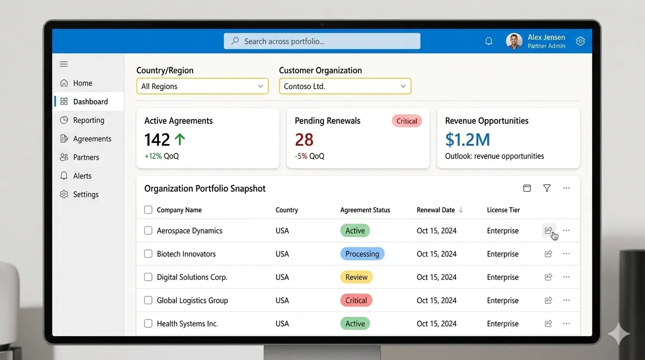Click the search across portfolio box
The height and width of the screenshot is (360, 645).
coord(322,41)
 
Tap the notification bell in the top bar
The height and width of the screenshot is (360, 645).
coord(488,41)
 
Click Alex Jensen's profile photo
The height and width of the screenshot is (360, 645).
coord(514,41)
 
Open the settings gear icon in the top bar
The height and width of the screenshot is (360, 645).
coord(580,41)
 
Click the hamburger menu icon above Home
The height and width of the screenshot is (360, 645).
coord(64,64)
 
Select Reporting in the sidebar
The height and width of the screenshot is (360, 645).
coord(88,120)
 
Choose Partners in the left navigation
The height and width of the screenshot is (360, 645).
coord(86,157)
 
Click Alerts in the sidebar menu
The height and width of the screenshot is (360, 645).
coord(82,176)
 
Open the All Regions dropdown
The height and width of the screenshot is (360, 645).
coord(202,86)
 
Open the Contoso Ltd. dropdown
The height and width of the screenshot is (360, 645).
coord(345,86)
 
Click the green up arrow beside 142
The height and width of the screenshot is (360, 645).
coord(180,139)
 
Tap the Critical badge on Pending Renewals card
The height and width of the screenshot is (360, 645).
coord(406,121)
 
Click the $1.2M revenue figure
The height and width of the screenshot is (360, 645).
coord(467,140)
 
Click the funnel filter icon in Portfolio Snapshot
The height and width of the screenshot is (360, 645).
coord(547,188)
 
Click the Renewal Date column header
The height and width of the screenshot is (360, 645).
coord(436,210)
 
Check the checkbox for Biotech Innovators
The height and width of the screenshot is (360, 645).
coord(148,254)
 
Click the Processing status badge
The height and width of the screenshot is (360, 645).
coord(362,254)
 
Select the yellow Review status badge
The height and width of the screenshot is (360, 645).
coord(356,277)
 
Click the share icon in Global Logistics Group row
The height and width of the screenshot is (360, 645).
coord(548,300)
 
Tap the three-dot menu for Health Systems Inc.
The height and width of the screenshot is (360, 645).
coord(566,323)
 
